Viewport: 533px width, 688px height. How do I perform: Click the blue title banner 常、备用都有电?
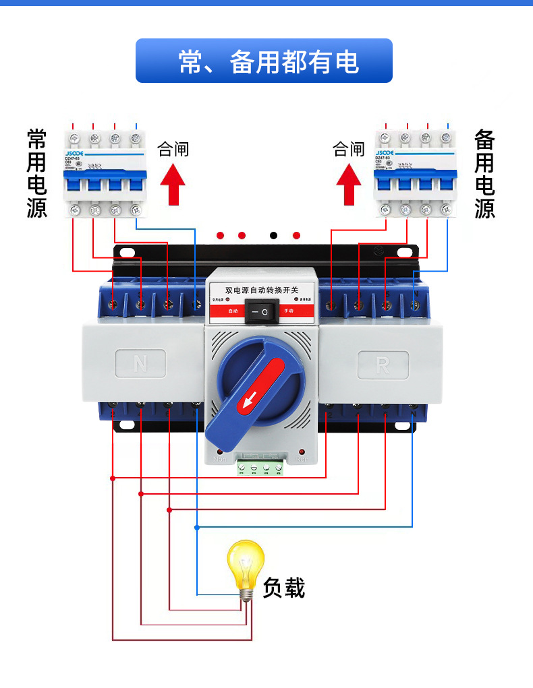click(x=264, y=61)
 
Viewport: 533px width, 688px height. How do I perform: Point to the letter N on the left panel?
click(x=140, y=365)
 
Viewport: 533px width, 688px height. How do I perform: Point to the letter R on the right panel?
click(x=383, y=365)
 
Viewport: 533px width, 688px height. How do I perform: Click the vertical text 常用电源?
click(x=37, y=173)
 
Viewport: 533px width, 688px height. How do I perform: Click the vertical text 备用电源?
click(x=484, y=174)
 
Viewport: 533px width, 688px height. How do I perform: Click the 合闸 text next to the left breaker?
click(x=173, y=149)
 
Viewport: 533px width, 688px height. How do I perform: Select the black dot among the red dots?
click(x=273, y=235)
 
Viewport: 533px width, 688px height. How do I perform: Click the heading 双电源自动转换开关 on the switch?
click(x=261, y=290)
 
